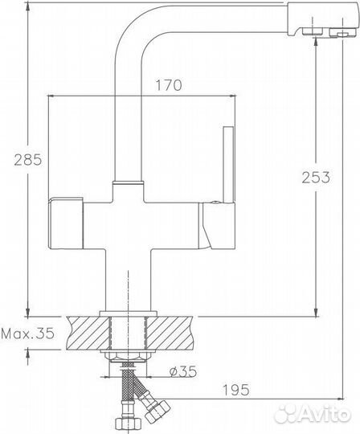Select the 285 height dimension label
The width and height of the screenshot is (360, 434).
[14, 161]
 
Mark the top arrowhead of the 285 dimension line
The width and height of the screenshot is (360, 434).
[29, 7]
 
